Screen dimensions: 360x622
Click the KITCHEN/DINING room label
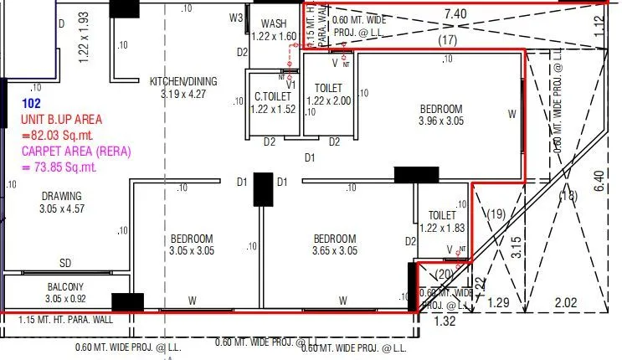(x=182, y=81)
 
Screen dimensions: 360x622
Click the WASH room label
(x=275, y=23)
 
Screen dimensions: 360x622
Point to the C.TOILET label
(x=274, y=97)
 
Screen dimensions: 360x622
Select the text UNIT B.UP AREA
(x=61, y=121)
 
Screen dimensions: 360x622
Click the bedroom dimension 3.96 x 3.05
(x=440, y=121)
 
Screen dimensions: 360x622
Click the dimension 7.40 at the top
(x=455, y=14)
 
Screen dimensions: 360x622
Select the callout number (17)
(x=448, y=39)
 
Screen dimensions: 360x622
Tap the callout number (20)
(x=444, y=274)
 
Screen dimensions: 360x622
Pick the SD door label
(x=64, y=263)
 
